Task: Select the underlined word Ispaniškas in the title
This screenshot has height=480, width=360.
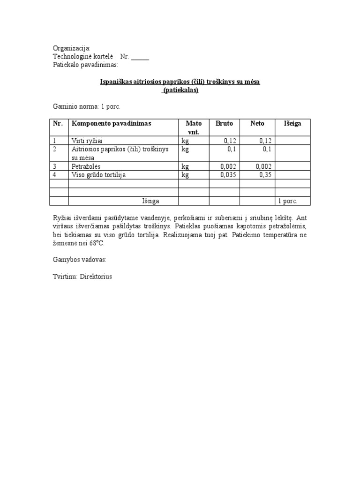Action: (116, 82)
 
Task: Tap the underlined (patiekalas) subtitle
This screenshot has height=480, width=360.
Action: (180, 90)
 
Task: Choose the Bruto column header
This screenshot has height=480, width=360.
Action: (224, 123)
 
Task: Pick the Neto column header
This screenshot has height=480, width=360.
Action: (257, 123)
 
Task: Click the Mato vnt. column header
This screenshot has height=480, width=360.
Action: (194, 127)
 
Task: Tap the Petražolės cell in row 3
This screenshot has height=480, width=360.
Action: (86, 166)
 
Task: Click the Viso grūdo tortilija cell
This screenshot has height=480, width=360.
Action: (98, 175)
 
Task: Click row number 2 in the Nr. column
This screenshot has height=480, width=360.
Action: (54, 149)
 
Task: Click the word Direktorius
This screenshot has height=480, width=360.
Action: (96, 277)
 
